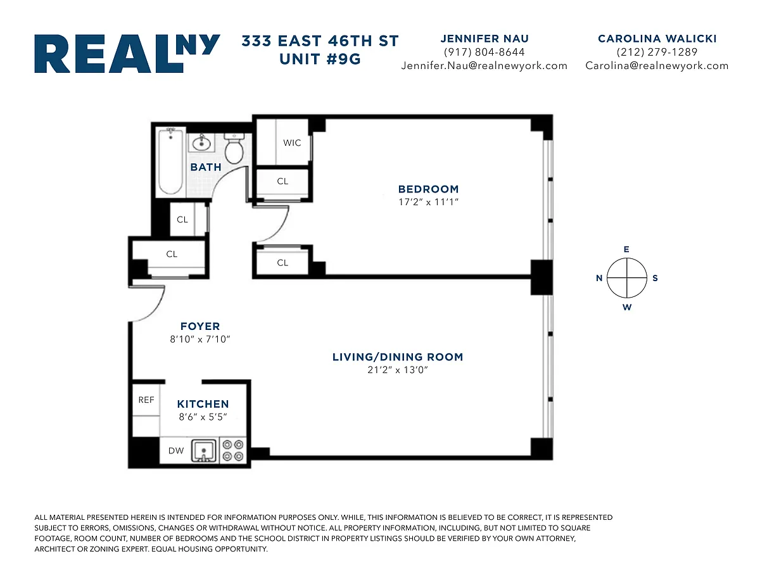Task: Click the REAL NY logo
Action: click(x=127, y=53)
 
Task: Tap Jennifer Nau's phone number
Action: click(x=484, y=52)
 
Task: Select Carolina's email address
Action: click(x=657, y=66)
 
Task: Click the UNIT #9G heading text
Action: click(x=320, y=59)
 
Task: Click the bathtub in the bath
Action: click(x=170, y=161)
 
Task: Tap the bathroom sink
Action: click(x=201, y=142)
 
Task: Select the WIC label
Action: click(x=292, y=142)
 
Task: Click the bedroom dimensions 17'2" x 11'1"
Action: click(x=428, y=202)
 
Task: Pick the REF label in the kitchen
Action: click(x=146, y=400)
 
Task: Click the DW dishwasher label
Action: click(x=176, y=451)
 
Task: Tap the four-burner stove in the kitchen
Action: click(x=233, y=450)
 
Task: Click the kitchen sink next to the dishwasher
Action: click(x=204, y=451)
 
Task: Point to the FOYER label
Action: click(x=200, y=326)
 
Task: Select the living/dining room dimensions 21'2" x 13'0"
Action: click(x=398, y=370)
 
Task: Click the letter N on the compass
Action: click(x=599, y=278)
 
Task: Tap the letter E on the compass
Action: click(x=626, y=249)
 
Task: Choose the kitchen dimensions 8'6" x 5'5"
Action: click(x=203, y=417)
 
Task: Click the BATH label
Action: click(x=206, y=167)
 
